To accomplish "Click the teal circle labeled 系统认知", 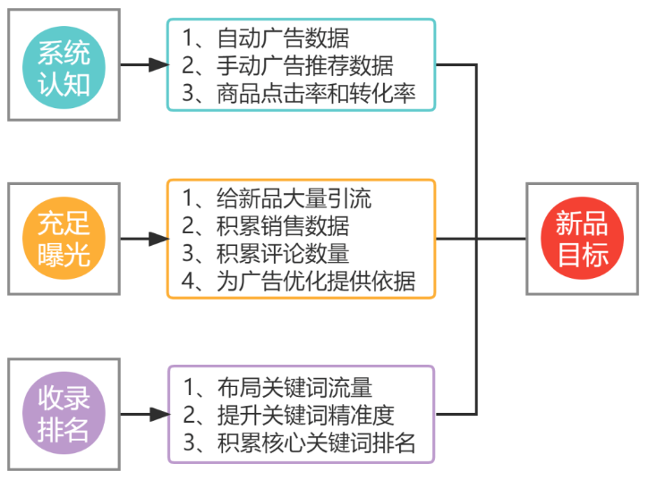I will [64, 64].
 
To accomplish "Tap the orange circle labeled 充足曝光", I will [64, 239].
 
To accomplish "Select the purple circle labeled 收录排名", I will [64, 413].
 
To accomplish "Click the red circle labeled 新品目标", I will [583, 239].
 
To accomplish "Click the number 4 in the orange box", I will [189, 281].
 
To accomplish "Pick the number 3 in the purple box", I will [189, 442].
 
